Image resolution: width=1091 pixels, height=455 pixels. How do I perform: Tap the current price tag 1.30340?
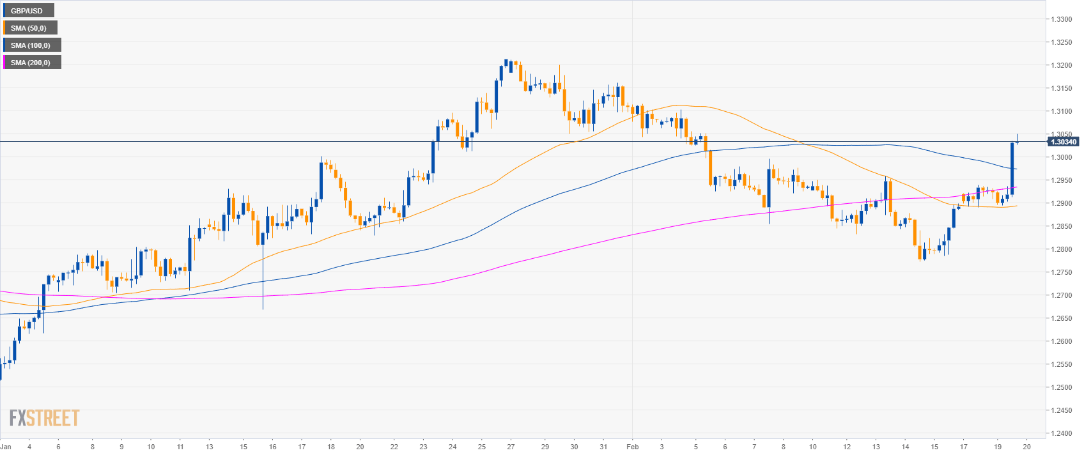point(1063,142)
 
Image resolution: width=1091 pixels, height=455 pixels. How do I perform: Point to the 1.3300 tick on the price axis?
point(1062,19)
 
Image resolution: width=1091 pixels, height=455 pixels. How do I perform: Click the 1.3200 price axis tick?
point(1062,65)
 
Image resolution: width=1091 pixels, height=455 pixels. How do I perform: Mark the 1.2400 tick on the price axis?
point(1062,433)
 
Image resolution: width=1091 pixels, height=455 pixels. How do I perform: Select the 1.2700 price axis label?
point(1062,295)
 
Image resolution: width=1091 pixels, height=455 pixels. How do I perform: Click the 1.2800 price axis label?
point(1062,249)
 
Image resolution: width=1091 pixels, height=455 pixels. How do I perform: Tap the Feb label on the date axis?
point(633,447)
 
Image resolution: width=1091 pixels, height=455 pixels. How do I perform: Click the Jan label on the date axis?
point(6,447)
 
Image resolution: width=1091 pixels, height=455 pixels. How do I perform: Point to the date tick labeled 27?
point(511,447)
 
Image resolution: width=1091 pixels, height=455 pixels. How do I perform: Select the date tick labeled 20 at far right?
point(1026,447)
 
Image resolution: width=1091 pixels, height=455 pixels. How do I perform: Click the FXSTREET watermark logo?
point(44,419)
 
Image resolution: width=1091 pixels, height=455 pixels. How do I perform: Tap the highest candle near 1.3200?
point(506,63)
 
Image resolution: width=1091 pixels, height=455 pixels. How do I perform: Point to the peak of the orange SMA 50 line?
point(681,105)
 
